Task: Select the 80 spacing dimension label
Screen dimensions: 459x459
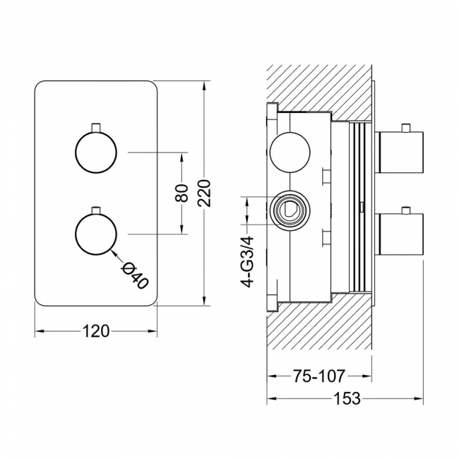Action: click(182, 192)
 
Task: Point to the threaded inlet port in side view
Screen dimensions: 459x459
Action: click(288, 210)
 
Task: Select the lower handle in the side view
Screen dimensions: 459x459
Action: click(401, 234)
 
